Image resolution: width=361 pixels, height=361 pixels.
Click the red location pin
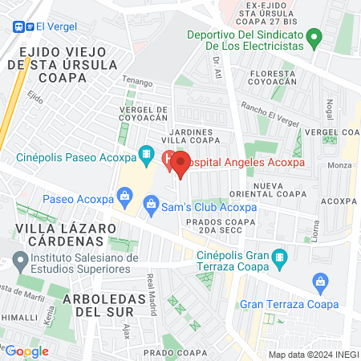(x=180, y=164)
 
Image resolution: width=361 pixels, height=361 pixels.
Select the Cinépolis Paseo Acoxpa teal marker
(x=146, y=152)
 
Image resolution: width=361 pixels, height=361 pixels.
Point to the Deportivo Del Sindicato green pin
(x=315, y=36)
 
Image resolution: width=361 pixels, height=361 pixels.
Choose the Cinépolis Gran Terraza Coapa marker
(x=279, y=258)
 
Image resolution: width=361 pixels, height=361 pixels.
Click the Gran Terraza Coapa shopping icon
(x=319, y=282)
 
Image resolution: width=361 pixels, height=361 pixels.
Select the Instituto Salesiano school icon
(x=19, y=262)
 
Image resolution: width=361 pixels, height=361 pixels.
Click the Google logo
(x=27, y=351)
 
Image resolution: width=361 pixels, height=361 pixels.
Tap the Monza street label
(x=340, y=165)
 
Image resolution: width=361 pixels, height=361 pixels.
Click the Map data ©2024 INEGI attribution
(x=312, y=354)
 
